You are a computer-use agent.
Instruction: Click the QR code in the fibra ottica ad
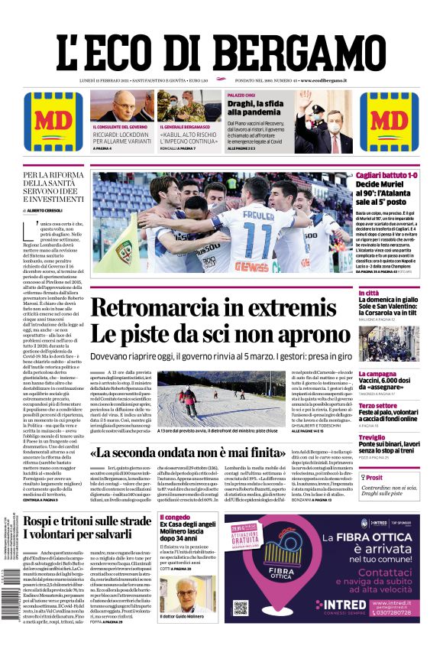241,608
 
